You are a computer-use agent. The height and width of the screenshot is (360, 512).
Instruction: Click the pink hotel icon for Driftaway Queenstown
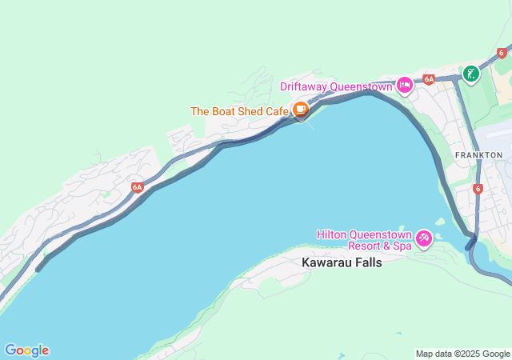click(405, 85)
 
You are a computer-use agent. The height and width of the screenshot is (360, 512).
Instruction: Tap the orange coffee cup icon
click(301, 110)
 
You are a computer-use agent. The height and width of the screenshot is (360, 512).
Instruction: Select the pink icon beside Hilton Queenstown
click(424, 237)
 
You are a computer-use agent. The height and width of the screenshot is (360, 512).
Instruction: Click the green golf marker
click(470, 74)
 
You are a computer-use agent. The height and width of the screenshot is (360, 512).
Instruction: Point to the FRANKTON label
click(478, 154)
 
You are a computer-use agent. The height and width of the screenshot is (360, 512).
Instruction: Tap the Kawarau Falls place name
click(342, 262)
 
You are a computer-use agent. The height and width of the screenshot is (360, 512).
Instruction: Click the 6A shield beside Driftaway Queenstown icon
click(429, 79)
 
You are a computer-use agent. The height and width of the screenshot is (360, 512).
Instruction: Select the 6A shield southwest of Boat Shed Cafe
click(138, 187)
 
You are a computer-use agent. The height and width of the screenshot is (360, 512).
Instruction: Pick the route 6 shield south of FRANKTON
click(478, 189)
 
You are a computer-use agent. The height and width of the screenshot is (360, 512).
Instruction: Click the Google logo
click(26, 350)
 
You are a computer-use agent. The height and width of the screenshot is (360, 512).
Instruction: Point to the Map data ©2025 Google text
click(462, 354)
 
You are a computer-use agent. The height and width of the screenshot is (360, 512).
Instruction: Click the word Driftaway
click(306, 86)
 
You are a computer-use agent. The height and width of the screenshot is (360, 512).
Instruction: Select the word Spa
click(402, 246)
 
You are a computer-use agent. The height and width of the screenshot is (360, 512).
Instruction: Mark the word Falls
click(366, 262)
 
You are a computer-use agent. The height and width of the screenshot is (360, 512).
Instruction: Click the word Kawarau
click(326, 262)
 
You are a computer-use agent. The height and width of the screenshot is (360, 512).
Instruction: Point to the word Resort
click(367, 246)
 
